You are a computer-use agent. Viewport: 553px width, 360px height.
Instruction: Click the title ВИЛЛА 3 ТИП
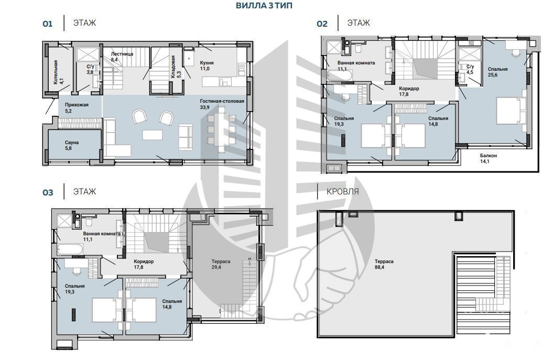point(264,6)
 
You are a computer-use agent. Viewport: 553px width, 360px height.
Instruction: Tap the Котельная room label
point(59,72)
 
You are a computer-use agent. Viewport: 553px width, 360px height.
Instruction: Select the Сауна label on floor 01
point(72,145)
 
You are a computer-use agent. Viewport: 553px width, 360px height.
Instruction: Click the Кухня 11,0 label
point(207,66)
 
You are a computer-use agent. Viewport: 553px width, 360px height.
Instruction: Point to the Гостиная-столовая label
point(222,104)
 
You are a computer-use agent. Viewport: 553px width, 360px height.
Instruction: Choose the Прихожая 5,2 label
point(77,107)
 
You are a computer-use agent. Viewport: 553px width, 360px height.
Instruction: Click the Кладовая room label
point(176,67)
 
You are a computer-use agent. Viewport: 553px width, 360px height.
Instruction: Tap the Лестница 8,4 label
point(122,57)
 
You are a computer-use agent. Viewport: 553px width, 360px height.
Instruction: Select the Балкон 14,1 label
point(489,158)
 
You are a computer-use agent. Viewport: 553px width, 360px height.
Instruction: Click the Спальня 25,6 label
point(497,72)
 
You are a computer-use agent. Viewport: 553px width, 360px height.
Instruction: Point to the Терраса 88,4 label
point(384,264)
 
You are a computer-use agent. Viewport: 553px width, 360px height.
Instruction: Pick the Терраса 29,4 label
point(221,264)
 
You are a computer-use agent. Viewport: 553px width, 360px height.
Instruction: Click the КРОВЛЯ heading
point(342,191)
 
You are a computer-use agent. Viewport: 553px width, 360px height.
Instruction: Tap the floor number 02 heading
point(322,24)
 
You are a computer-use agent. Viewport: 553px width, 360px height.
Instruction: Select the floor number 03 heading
point(48,192)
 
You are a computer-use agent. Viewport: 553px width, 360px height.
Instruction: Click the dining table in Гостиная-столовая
point(222,129)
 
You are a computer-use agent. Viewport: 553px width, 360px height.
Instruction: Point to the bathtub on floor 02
point(340,75)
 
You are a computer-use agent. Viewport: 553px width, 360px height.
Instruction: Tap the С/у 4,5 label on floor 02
point(470,69)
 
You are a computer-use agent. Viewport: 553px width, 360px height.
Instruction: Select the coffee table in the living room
point(153,135)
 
